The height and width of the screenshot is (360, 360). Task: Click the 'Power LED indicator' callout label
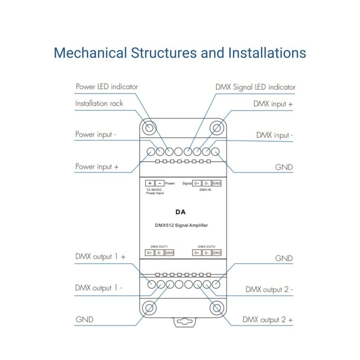pos(107,86)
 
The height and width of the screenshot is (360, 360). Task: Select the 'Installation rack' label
pos(99,103)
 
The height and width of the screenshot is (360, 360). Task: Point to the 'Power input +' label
pos(97,166)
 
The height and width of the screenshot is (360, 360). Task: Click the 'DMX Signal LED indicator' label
pos(255,87)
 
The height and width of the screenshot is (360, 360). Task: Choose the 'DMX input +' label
pos(273,103)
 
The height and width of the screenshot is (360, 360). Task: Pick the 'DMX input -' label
pos(274,135)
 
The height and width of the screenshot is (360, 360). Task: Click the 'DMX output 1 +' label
pos(100,257)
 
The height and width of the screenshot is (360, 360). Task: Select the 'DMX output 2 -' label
pos(269,289)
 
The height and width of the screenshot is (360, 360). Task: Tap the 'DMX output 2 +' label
pos(268,320)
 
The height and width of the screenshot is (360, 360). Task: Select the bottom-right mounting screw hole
pos(216,308)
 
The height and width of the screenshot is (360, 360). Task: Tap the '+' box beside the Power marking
pos(149,183)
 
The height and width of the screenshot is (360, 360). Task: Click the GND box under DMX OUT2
pos(217,253)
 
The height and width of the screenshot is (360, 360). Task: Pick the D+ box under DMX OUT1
pos(149,253)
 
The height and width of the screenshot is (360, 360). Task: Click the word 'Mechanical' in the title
pos(90,53)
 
